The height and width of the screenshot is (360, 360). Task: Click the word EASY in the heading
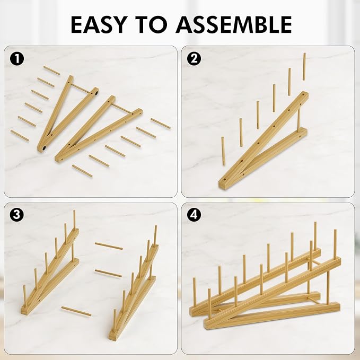point(99,24)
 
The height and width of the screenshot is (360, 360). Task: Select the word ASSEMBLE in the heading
point(234,24)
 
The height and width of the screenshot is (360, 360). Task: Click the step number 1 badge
point(17,59)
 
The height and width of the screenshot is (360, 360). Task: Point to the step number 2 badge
point(194,58)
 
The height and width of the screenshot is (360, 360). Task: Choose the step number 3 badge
point(17,215)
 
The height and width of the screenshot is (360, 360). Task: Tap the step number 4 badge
point(194,215)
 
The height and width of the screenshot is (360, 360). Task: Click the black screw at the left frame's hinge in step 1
point(44,148)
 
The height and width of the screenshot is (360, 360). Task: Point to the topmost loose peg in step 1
point(51,71)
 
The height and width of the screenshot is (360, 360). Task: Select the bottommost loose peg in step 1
point(82,171)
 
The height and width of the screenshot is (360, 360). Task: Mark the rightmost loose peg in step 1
point(161,124)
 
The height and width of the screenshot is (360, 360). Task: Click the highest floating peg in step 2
point(304,67)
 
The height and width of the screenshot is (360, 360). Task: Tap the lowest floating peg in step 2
point(223,151)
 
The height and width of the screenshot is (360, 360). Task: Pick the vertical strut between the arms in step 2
point(298,120)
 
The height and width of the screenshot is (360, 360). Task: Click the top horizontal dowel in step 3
point(109,246)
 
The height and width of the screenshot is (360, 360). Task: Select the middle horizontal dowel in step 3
point(108,273)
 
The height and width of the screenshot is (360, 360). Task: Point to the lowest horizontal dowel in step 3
point(76,311)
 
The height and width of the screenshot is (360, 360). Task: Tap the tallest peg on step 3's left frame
point(74,219)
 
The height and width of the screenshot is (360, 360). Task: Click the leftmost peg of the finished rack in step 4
point(195,292)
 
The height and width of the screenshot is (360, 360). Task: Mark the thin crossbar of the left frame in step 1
point(80,89)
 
